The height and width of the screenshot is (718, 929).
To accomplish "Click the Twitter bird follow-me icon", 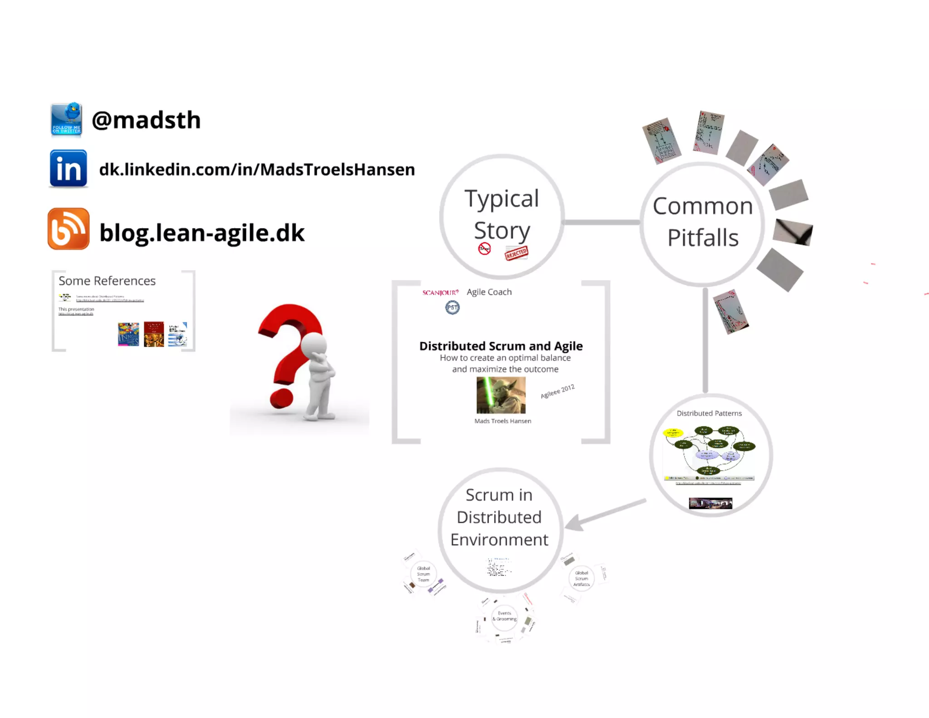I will coord(67,119).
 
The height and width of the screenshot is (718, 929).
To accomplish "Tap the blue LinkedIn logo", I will coord(68,168).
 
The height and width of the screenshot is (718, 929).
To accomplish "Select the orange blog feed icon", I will coord(68,229).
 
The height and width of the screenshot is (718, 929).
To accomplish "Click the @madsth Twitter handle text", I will coord(146,120).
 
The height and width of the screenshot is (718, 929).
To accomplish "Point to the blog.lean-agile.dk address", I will coord(202,233).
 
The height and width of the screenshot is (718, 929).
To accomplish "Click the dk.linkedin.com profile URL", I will coord(257,169).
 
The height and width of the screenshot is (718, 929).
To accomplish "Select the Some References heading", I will coord(107,281).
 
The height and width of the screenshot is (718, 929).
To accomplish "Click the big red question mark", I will coord(286,349).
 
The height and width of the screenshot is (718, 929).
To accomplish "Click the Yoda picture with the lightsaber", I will coord(501,395).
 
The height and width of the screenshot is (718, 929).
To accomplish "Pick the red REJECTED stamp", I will coord(516,253).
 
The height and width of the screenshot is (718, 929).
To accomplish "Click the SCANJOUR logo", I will coord(440,293).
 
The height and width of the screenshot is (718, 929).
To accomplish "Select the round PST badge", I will coord(452,308).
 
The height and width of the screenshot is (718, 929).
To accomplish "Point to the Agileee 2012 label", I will coord(557,391).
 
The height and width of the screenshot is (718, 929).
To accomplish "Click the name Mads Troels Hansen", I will coord(503,421).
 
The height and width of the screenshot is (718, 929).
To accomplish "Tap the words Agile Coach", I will coord(489,292).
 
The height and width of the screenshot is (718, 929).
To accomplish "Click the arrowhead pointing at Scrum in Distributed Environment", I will coord(573,523).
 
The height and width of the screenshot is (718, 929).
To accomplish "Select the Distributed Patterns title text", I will coord(709,413).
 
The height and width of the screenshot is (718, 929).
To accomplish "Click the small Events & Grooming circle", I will coord(504,617).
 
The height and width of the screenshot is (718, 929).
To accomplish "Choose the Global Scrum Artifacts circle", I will coord(581,579).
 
